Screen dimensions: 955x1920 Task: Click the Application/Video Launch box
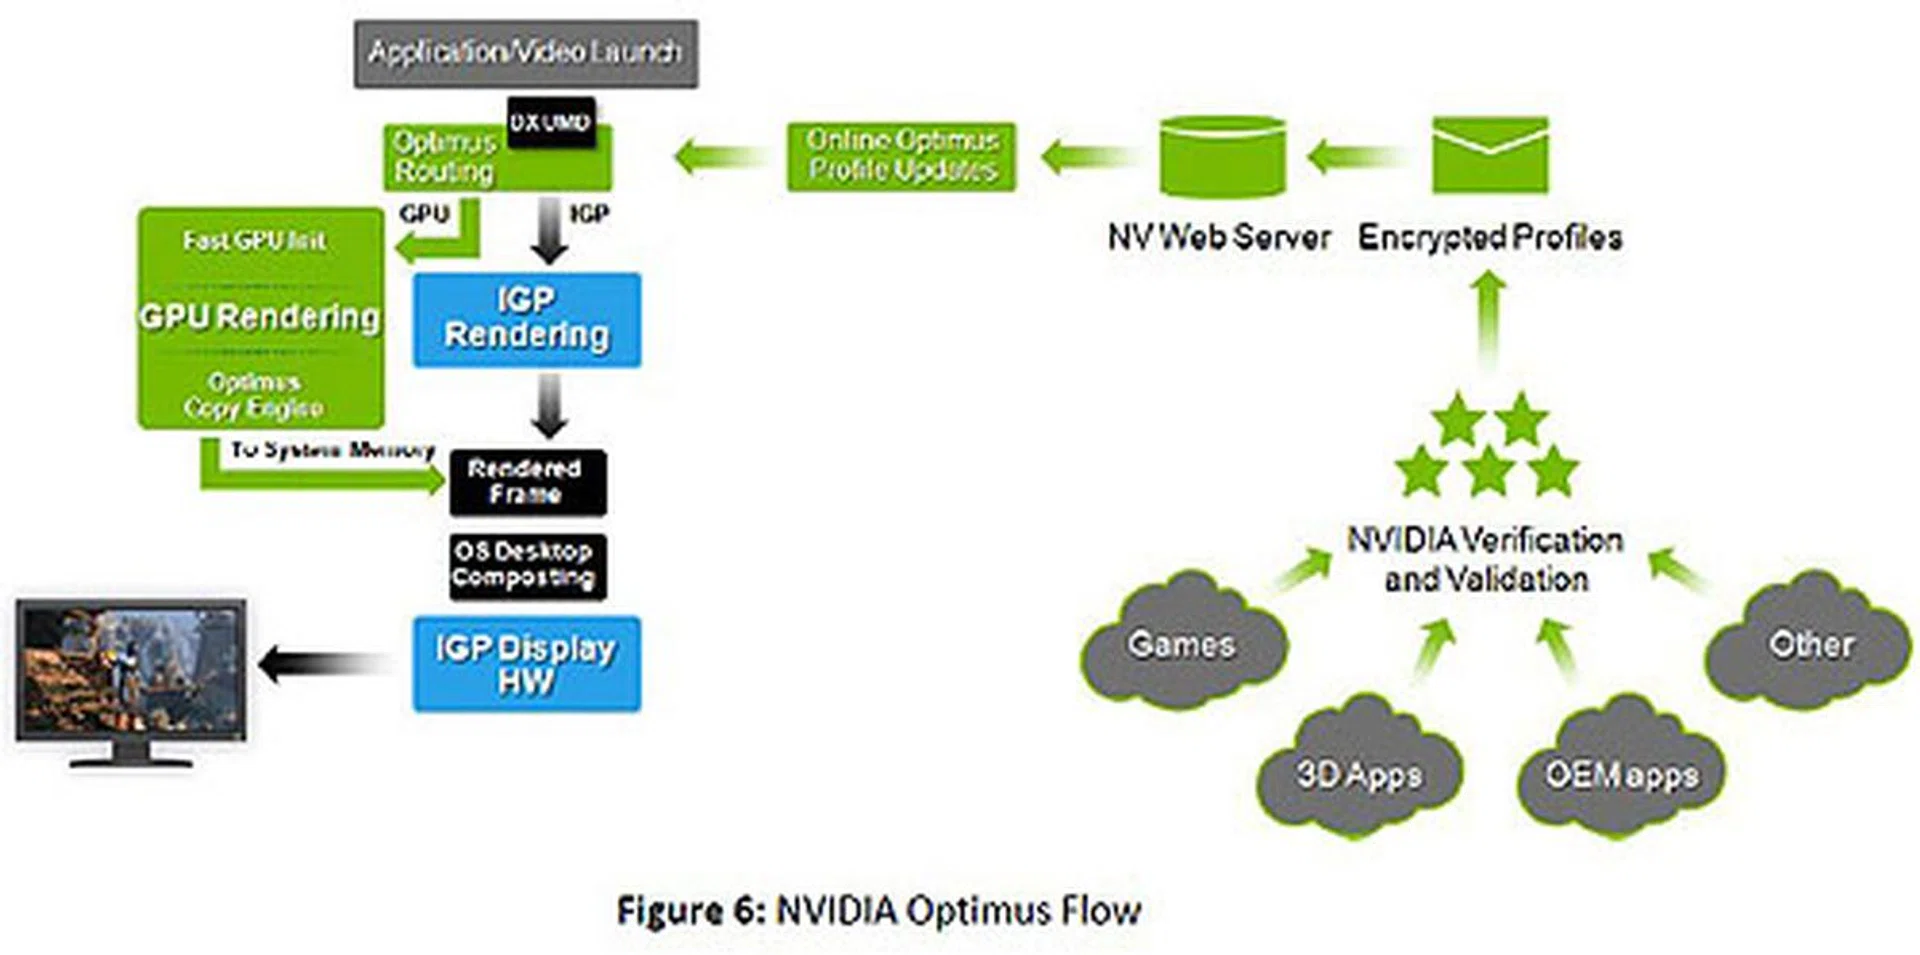pos(526,53)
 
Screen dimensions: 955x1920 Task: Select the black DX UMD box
pos(551,123)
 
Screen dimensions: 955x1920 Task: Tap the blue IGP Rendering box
pos(527,319)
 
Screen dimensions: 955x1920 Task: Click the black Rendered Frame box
pos(527,482)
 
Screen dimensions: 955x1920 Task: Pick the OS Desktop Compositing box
pos(527,565)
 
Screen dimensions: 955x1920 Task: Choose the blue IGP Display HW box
pos(527,664)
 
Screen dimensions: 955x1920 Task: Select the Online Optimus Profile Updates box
pos(901,156)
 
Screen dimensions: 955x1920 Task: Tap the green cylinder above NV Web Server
pos(1222,156)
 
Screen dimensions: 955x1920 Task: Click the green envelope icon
pos(1490,155)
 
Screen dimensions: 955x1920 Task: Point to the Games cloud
pos(1183,643)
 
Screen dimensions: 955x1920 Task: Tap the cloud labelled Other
pos(1810,643)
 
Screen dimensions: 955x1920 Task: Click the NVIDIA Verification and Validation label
pos(1485,559)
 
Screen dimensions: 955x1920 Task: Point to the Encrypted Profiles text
pos(1490,237)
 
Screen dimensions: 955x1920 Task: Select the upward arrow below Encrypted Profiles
pos(1489,320)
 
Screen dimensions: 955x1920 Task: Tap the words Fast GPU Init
pos(254,240)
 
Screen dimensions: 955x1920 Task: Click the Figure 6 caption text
pos(879,911)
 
